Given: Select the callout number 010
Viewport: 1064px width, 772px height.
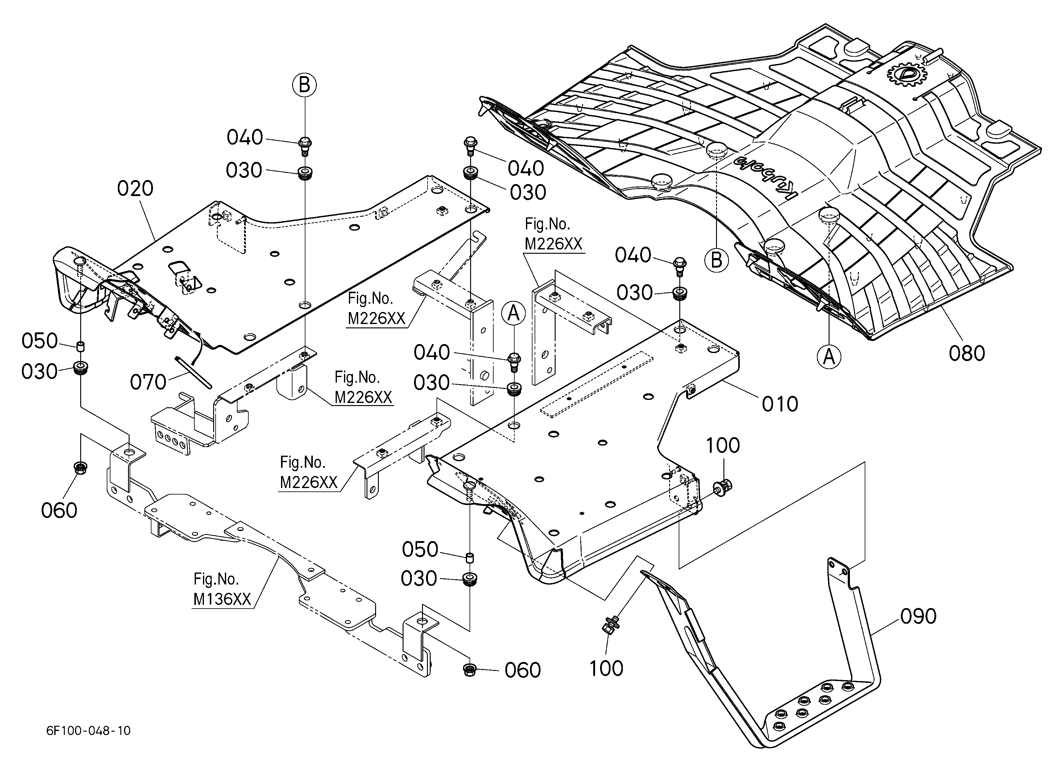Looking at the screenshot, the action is [780, 404].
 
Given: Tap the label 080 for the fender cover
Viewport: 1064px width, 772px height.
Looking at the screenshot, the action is [967, 353].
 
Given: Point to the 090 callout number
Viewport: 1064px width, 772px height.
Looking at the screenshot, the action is [918, 616].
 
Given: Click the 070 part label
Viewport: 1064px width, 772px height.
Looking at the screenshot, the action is [148, 382].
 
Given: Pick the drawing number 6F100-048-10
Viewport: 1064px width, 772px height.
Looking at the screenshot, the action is [89, 731].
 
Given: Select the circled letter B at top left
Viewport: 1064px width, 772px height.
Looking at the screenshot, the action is [304, 85].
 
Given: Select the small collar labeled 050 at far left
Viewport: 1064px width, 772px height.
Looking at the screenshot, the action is [81, 347].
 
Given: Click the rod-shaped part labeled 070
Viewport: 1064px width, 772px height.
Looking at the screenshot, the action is [193, 372].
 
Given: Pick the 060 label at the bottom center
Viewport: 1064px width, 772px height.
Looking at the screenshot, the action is [523, 670].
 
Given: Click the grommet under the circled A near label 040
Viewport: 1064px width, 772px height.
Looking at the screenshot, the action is [514, 389].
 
